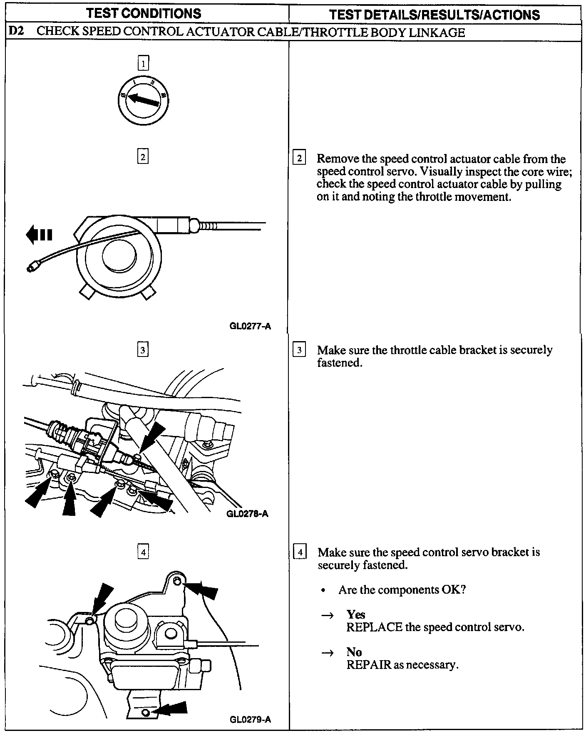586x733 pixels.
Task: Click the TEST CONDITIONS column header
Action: point(144,13)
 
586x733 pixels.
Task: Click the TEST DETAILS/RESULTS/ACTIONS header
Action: point(434,15)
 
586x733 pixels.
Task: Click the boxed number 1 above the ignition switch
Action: point(143,64)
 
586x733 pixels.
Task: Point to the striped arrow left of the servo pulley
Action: point(39,235)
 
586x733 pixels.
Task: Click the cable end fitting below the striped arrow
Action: point(31,268)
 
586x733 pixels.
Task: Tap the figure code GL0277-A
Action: point(250,326)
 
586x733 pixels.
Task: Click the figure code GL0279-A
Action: point(250,719)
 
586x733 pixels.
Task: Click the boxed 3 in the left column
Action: point(142,350)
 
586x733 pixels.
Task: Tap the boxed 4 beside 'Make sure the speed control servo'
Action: point(300,553)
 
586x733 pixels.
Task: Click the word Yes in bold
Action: point(355,614)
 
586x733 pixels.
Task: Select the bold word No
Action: point(354,652)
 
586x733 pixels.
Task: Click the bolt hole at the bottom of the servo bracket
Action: point(145,713)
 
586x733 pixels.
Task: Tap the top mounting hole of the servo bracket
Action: point(177,582)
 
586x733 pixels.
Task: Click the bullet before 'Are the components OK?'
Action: point(323,590)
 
